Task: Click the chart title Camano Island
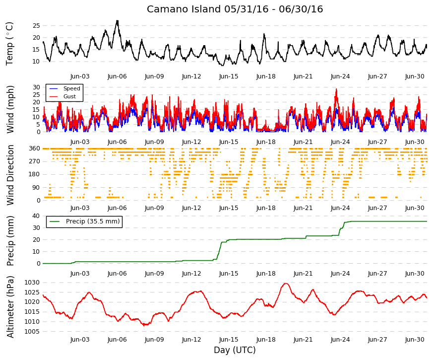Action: pyautogui.click(x=184, y=9)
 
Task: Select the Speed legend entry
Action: pyautogui.click(x=71, y=88)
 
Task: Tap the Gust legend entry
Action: pyautogui.click(x=69, y=96)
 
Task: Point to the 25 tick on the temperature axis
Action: pyautogui.click(x=36, y=26)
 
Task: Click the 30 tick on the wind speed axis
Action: pyautogui.click(x=36, y=87)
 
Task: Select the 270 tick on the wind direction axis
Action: pyautogui.click(x=35, y=161)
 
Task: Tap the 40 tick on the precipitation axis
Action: pyautogui.click(x=36, y=216)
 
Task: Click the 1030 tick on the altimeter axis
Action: pyautogui.click(x=32, y=283)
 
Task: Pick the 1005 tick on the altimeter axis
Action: pyautogui.click(x=32, y=332)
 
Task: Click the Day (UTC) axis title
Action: pyautogui.click(x=235, y=350)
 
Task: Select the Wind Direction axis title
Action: pyautogui.click(x=10, y=175)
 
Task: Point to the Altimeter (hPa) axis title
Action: pyautogui.click(x=10, y=306)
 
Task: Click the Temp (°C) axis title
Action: pyautogui.click(x=9, y=44)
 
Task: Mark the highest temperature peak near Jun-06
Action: pyautogui.click(x=118, y=21)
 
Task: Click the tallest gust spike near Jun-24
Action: pyautogui.click(x=336, y=89)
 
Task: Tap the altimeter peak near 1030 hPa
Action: pyautogui.click(x=285, y=284)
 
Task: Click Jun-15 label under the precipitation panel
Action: pyautogui.click(x=229, y=274)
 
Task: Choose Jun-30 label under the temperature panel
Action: pyautogui.click(x=415, y=76)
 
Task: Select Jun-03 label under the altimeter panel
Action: pyautogui.click(x=80, y=340)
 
